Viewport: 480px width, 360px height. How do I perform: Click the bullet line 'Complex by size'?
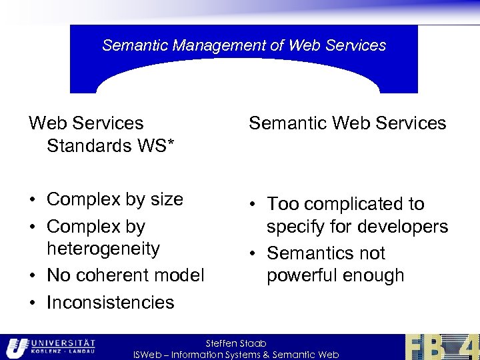(x=115, y=199)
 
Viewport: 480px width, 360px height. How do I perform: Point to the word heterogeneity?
(x=103, y=249)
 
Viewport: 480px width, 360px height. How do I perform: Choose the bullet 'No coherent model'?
(x=125, y=275)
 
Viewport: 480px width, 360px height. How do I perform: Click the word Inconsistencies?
(x=110, y=302)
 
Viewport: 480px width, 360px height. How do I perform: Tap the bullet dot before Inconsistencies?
(x=33, y=303)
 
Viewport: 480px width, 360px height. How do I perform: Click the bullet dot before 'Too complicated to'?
(x=253, y=205)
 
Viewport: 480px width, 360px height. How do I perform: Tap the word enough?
(x=375, y=275)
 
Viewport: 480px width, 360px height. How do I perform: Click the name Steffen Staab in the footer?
(x=236, y=343)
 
